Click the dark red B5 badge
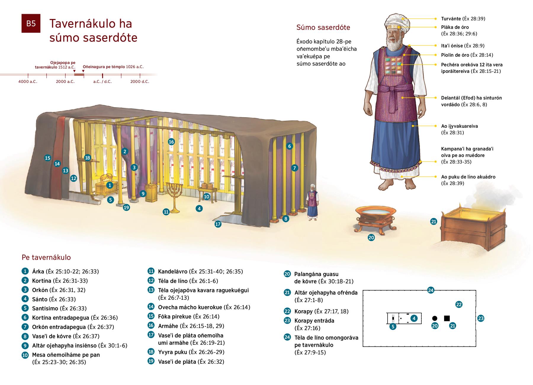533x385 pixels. click(31, 23)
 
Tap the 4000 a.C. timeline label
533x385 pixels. click(28, 81)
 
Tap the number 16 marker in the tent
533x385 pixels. click(171, 142)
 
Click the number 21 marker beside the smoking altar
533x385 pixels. click(434, 221)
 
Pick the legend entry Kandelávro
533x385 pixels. click(173, 271)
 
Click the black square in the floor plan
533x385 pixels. click(447, 318)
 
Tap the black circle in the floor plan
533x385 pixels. click(435, 318)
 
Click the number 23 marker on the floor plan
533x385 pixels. click(481, 318)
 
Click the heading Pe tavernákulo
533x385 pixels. click(46, 257)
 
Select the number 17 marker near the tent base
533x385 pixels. click(218, 224)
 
